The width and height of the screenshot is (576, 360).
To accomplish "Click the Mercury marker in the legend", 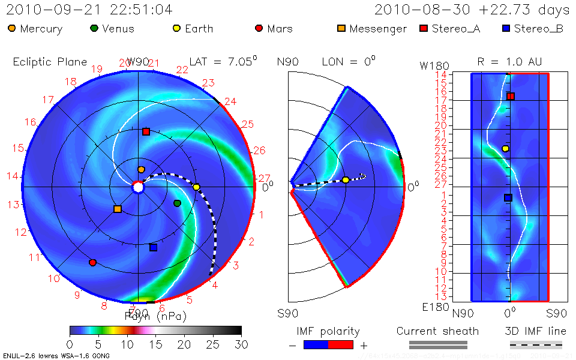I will (x=12, y=28).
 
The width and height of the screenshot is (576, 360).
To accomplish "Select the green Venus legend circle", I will (x=94, y=28).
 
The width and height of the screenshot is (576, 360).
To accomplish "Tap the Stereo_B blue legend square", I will (x=506, y=28).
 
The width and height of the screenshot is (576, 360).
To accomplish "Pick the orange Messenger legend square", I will (x=341, y=28).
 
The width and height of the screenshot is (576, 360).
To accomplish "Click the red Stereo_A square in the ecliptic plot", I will (x=146, y=131).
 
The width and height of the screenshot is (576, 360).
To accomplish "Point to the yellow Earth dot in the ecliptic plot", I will (x=196, y=187).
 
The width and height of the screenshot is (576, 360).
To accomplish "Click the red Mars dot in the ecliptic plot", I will (x=92, y=262).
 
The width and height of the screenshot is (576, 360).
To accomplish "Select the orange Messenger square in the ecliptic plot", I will (x=118, y=209).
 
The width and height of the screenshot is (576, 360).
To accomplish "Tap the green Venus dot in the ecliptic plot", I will (x=177, y=203).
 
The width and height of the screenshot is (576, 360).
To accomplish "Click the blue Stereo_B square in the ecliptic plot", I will (x=153, y=247).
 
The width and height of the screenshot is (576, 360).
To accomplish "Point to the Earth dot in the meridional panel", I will (x=346, y=180).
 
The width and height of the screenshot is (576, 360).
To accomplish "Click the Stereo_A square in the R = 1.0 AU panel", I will (x=511, y=96).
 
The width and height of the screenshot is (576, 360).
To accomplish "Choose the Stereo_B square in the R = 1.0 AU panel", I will (x=508, y=197).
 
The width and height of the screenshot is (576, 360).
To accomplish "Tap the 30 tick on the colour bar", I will (x=241, y=344).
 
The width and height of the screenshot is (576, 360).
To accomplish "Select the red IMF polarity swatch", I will (x=340, y=344).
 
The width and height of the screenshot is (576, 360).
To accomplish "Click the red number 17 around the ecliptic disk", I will (x=48, y=100).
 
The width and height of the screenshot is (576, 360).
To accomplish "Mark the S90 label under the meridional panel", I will (x=289, y=313).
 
